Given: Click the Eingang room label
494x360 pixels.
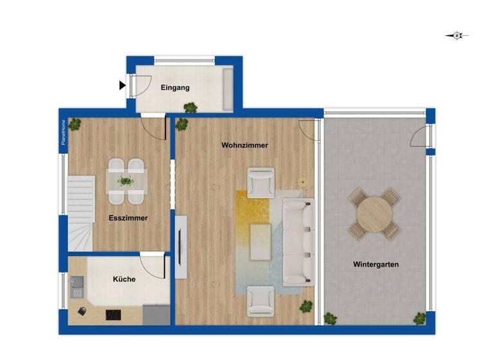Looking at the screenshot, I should pyautogui.click(x=176, y=88).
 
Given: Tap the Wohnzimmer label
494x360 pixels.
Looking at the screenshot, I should pyautogui.click(x=244, y=145).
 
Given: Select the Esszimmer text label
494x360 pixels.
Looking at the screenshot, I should pyautogui.click(x=129, y=218).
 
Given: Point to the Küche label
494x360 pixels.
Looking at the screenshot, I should pyautogui.click(x=124, y=280).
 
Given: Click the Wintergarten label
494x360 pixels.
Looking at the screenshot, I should pyautogui.click(x=376, y=264).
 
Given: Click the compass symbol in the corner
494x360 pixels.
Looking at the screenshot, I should pyautogui.click(x=457, y=36).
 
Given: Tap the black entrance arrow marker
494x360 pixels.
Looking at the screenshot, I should pyautogui.click(x=122, y=85).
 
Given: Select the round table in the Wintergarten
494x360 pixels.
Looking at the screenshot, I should pyautogui.click(x=374, y=213).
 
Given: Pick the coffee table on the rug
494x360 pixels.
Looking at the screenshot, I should pyautogui.click(x=260, y=241).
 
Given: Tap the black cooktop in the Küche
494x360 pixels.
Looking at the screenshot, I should pyautogui.click(x=113, y=314).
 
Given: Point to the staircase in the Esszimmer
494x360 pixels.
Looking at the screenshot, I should pyautogui.click(x=80, y=213).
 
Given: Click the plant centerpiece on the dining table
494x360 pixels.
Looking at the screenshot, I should pyautogui.click(x=126, y=181).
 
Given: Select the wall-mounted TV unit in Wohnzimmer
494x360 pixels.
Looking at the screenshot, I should pyautogui.click(x=181, y=247).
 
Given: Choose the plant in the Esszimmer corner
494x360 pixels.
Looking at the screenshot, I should pyautogui.click(x=75, y=124).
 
